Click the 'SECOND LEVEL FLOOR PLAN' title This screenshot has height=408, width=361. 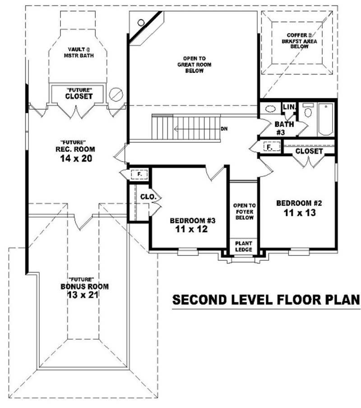(266, 300)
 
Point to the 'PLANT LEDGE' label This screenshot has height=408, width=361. (244, 246)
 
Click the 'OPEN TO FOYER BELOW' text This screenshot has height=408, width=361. (244, 211)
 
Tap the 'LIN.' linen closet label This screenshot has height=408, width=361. (289, 107)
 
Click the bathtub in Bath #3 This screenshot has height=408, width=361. (325, 120)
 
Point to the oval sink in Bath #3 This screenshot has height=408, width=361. (270, 109)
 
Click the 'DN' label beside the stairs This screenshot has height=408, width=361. (224, 129)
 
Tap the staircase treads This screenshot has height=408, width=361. (185, 128)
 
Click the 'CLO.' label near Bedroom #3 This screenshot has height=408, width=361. (148, 197)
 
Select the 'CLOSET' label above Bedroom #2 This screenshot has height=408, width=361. (310, 151)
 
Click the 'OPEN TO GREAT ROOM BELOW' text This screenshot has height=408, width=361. (194, 64)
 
